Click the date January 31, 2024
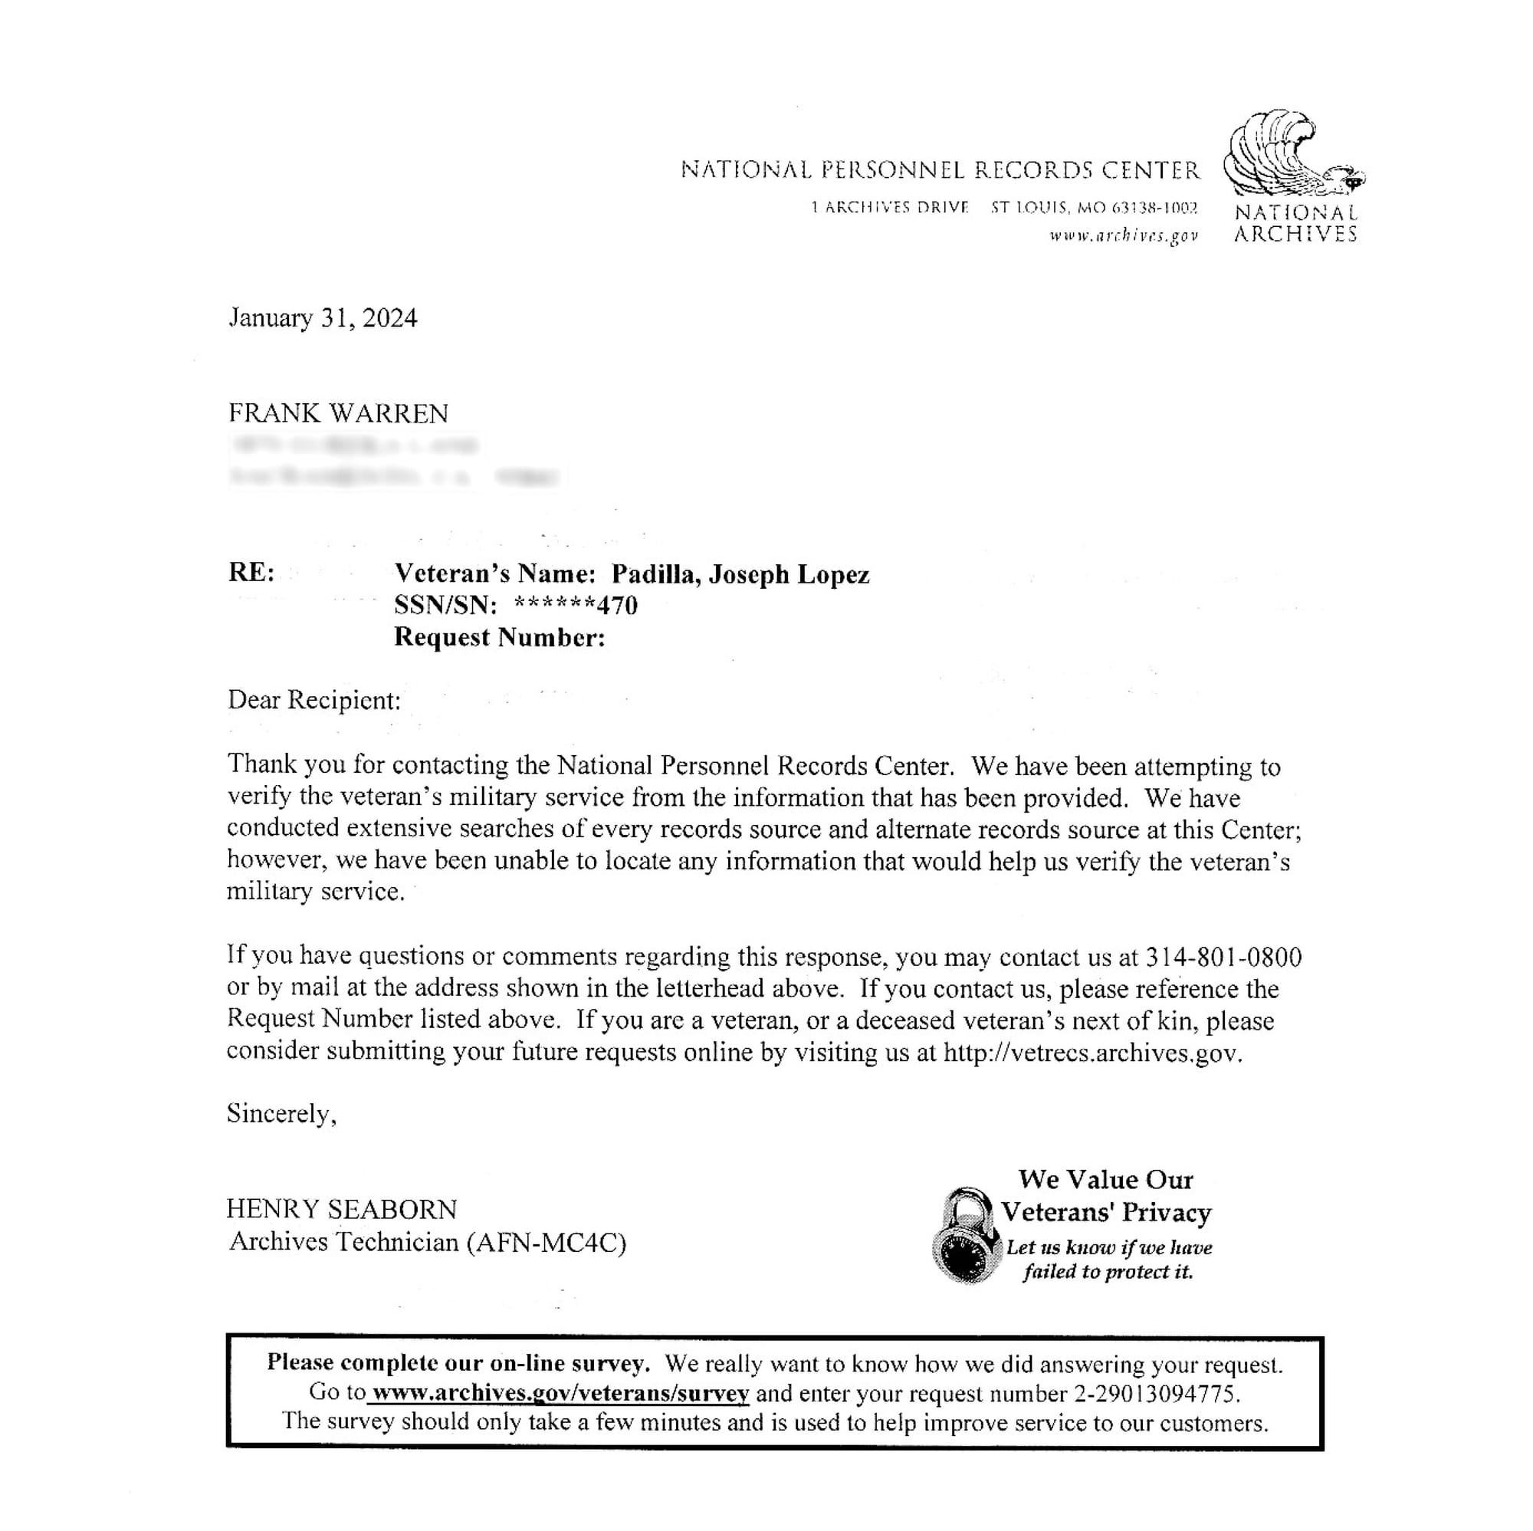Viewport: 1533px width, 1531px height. tap(322, 318)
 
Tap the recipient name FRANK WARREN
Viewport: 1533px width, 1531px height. tap(338, 413)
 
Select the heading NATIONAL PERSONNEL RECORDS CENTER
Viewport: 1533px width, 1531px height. tap(940, 170)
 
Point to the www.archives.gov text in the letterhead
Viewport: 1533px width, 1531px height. tap(1123, 235)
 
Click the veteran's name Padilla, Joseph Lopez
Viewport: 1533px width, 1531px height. tap(740, 573)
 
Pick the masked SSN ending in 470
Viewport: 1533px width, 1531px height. tap(576, 606)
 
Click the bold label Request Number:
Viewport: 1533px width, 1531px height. tap(499, 637)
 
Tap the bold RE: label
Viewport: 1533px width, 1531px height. tap(251, 572)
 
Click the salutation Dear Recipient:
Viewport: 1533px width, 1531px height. tap(314, 700)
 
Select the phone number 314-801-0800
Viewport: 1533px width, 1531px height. tap(1223, 958)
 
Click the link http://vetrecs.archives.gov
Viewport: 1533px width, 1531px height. tap(1091, 1053)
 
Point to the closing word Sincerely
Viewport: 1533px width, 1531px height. tap(281, 1113)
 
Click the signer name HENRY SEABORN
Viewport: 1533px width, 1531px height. tap(342, 1209)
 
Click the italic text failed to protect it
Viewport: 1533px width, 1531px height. tap(1108, 1273)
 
